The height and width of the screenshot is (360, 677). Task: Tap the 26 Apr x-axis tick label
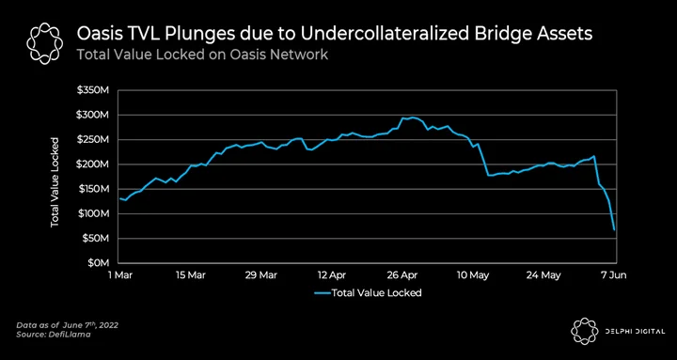click(x=403, y=275)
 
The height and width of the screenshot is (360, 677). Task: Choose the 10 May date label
click(x=473, y=275)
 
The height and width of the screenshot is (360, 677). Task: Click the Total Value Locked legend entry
click(x=368, y=292)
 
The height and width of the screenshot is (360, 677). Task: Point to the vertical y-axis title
click(x=55, y=182)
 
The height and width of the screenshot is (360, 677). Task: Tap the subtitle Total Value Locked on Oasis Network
click(x=202, y=55)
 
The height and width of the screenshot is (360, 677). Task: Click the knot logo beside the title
click(x=45, y=43)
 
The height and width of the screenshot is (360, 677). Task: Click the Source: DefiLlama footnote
click(x=54, y=335)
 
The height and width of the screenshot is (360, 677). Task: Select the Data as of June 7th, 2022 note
click(x=67, y=325)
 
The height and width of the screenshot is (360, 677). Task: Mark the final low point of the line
click(x=614, y=230)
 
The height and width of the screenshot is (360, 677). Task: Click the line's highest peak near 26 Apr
click(x=413, y=117)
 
